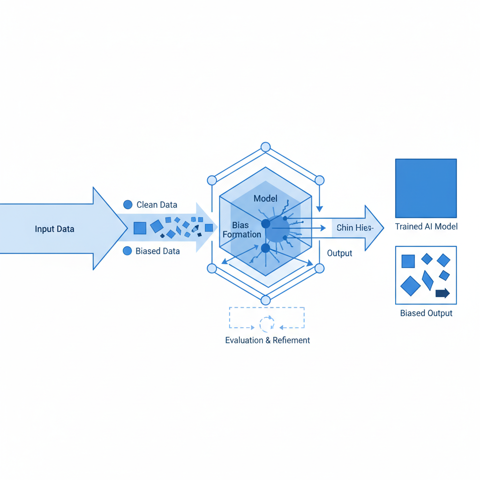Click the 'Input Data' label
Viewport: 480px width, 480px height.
coord(54,229)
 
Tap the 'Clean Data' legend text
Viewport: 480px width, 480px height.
coord(157,205)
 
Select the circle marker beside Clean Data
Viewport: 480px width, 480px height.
coord(127,204)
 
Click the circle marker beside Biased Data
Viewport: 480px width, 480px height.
coord(127,251)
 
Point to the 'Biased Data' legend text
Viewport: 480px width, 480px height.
coord(157,251)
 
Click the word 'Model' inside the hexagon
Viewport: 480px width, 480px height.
coord(265,198)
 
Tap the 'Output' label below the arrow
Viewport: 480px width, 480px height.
coord(339,254)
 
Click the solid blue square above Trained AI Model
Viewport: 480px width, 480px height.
coord(426,188)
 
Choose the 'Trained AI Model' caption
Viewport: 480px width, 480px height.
coord(426,227)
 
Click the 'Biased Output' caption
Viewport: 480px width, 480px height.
coord(426,313)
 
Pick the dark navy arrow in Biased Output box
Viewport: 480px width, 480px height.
coord(442,294)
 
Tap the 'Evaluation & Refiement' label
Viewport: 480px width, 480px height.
coord(267,340)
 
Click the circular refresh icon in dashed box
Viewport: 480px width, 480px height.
coord(267,323)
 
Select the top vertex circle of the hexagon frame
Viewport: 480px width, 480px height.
coord(266,147)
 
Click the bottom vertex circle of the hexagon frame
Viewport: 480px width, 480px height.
coord(266,300)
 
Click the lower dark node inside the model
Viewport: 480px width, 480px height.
coord(265,248)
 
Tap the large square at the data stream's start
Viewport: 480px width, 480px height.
coord(140,228)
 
